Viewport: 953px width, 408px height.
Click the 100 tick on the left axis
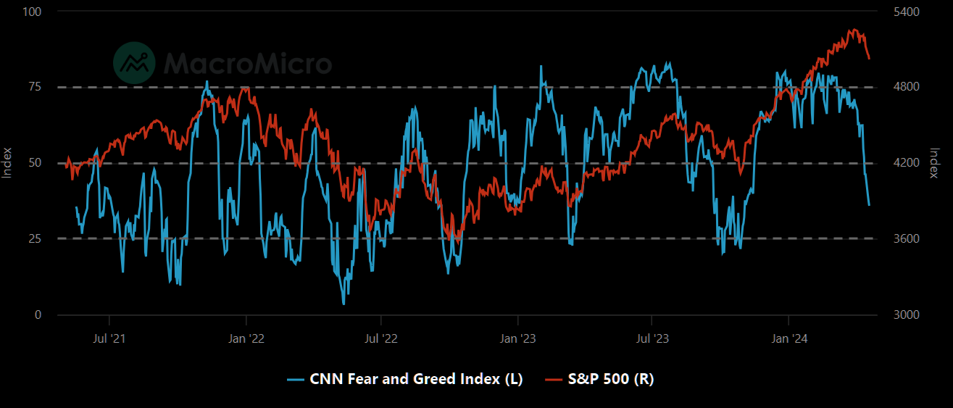[x=33, y=12]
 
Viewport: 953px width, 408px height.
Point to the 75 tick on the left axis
[x=35, y=87]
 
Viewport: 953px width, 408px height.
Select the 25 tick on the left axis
[x=35, y=238]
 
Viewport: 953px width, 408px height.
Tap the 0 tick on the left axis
[x=38, y=315]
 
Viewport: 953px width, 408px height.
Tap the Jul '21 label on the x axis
[x=109, y=338]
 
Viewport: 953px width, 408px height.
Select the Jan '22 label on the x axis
[x=246, y=338]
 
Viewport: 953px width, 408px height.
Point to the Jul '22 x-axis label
[x=381, y=338]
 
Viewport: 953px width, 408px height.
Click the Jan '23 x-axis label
[x=518, y=338]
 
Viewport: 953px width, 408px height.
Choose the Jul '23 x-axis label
[x=652, y=338]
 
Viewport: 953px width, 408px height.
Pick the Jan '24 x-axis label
[x=788, y=338]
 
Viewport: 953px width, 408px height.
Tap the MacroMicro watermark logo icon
[x=135, y=62]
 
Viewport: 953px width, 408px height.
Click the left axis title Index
[x=7, y=163]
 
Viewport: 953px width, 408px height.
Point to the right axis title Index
[x=935, y=163]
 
